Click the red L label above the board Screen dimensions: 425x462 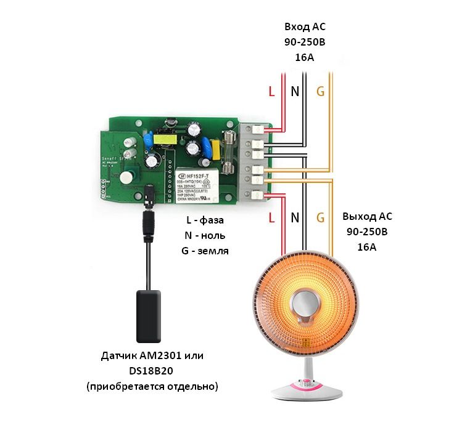(x=272, y=92)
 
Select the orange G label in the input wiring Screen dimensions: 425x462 (x=320, y=92)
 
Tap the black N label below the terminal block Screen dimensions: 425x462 (x=295, y=217)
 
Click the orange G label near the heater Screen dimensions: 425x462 (x=320, y=217)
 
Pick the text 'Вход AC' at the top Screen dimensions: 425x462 (x=303, y=28)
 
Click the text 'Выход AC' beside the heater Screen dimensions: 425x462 (x=367, y=217)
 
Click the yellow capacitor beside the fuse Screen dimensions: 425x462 (x=215, y=149)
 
